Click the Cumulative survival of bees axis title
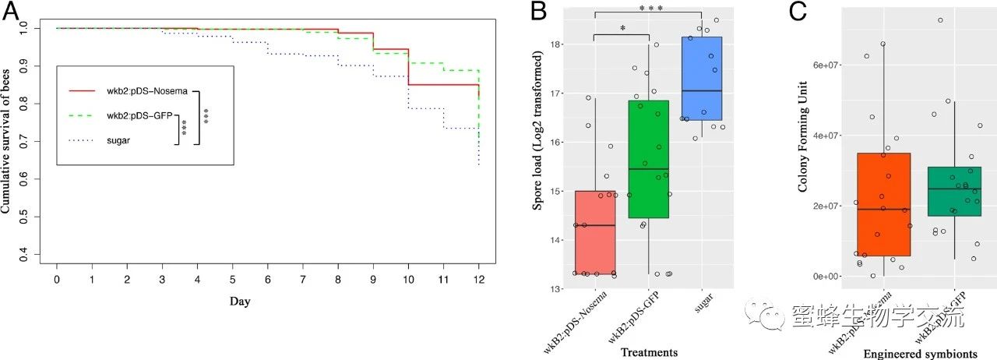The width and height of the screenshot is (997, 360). pos(8,141)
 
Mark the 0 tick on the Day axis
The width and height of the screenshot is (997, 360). pos(57,278)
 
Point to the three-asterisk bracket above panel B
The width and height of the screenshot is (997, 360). pos(648,9)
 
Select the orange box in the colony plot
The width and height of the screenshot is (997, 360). pos(883,204)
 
